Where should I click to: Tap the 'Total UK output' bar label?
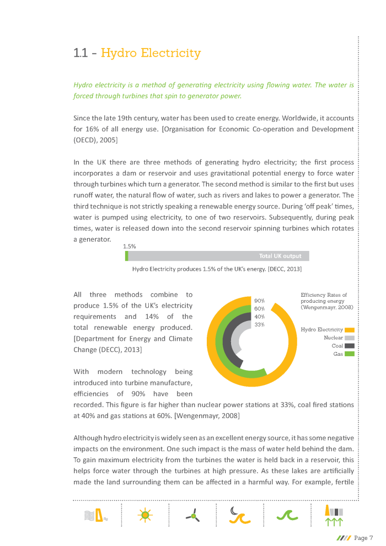tap(280, 256)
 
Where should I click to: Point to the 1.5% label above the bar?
tap(129, 247)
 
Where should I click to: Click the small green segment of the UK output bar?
tap(127, 256)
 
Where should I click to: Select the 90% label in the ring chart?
tap(260, 301)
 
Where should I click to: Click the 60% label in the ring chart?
tap(260, 308)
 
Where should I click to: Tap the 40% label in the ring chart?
tap(260, 317)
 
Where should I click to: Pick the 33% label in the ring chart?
tap(260, 324)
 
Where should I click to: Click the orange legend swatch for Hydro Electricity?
tap(349, 330)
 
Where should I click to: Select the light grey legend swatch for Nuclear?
tap(349, 338)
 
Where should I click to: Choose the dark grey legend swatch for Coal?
tap(349, 346)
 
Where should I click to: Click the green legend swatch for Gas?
tap(349, 354)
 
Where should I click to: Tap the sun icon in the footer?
tap(144, 515)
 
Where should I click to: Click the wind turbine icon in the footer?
tap(192, 516)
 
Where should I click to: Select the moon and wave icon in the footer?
tap(240, 515)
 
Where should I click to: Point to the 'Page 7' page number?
tap(363, 538)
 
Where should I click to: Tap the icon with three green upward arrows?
tap(335, 515)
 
